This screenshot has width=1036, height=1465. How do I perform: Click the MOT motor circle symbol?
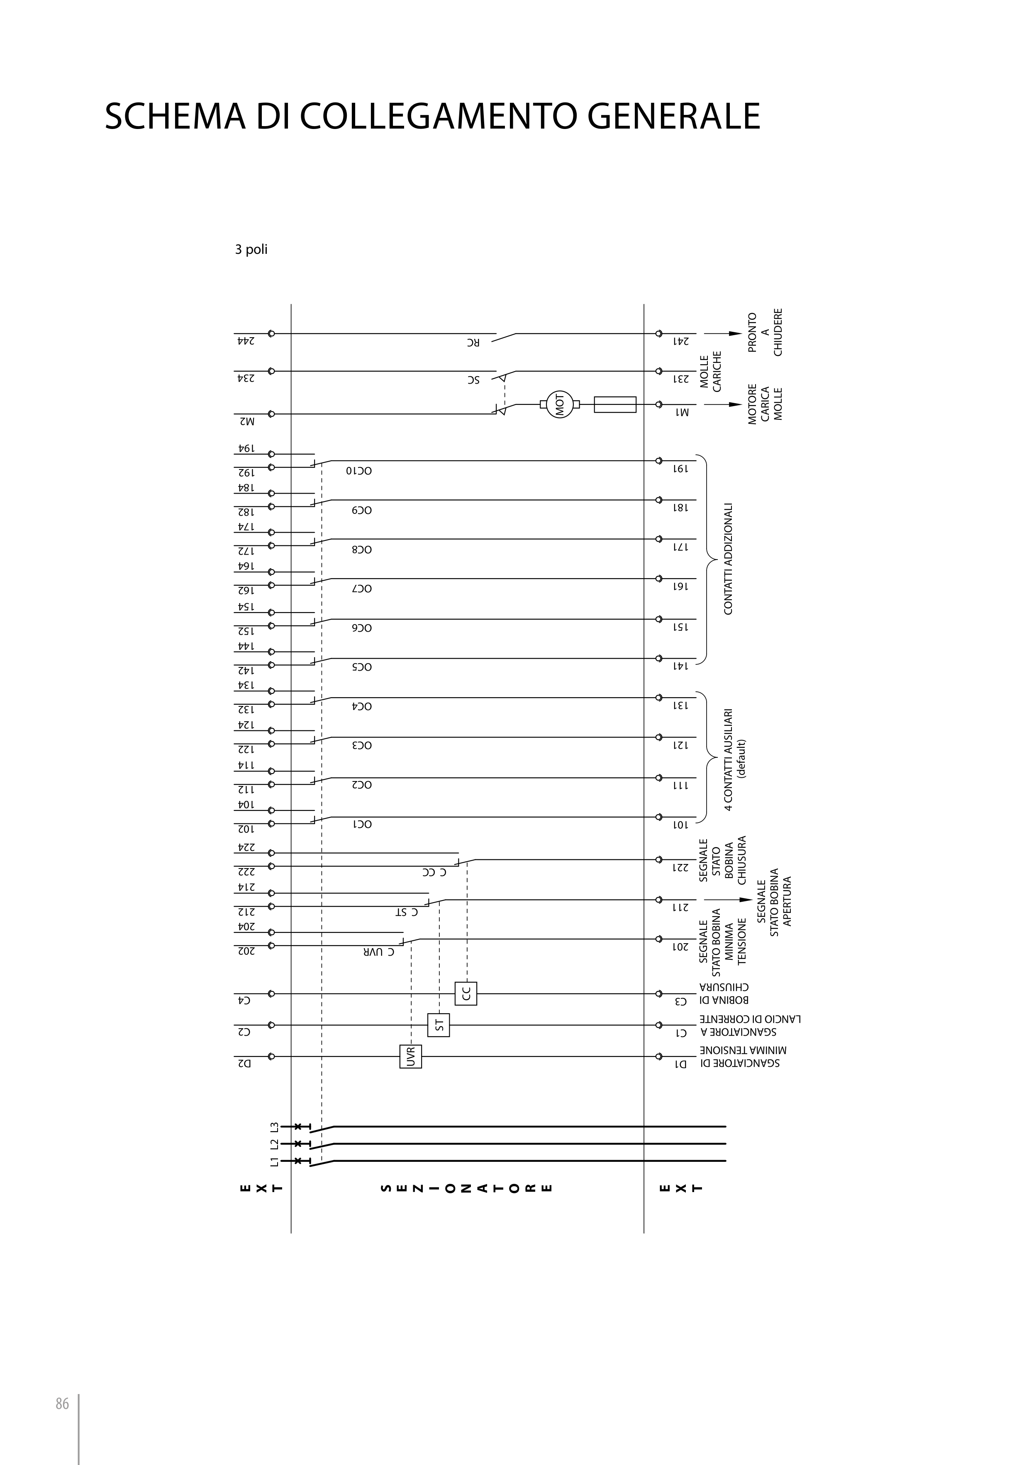coord(560,404)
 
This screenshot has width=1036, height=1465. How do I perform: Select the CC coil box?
coord(466,993)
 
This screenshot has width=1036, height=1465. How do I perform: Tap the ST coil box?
coord(439,1025)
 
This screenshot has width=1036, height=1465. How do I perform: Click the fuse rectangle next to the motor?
coord(615,404)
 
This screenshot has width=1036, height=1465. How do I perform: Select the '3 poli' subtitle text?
coord(251,249)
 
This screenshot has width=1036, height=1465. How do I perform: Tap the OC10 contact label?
coord(359,471)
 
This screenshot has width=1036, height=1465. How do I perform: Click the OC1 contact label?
coord(363,824)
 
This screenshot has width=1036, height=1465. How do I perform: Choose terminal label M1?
coord(683,412)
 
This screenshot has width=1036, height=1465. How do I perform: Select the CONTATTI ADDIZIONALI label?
coord(728,559)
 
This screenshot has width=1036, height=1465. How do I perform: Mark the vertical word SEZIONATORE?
coord(466,1189)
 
